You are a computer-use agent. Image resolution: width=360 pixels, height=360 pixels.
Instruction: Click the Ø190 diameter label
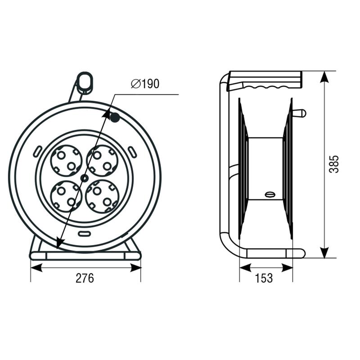(x=145, y=84)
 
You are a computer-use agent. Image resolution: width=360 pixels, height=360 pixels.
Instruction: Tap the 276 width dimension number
(x=85, y=278)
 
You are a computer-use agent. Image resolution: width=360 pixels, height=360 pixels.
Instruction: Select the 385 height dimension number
(x=334, y=164)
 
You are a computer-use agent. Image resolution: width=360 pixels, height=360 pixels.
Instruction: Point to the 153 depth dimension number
(x=264, y=278)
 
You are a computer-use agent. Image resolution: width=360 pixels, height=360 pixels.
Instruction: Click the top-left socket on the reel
(x=66, y=161)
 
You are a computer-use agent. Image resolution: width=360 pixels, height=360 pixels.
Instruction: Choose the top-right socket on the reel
(x=103, y=161)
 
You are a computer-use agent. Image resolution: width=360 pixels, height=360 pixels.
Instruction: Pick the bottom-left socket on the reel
(x=66, y=197)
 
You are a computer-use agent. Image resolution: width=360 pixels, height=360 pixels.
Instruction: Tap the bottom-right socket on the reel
(x=102, y=197)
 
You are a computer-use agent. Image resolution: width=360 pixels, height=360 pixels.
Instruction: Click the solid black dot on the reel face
(x=115, y=117)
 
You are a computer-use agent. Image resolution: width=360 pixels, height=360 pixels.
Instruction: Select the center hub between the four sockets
(x=84, y=178)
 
